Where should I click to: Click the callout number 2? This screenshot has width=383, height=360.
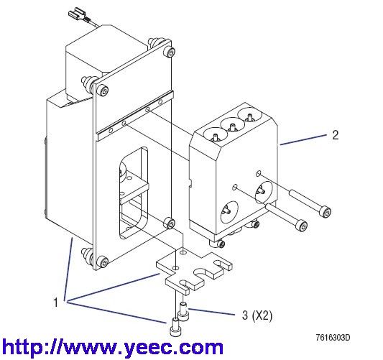[x=336, y=135]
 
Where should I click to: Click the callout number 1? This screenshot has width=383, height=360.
[x=56, y=303]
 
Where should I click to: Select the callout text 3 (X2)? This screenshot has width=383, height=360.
[x=257, y=315]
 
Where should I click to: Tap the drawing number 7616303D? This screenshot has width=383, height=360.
[x=333, y=338]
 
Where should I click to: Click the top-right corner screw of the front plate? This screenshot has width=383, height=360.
[x=170, y=52]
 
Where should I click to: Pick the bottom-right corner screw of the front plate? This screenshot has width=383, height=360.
[x=170, y=223]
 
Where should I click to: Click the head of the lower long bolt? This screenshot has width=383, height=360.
[x=301, y=226]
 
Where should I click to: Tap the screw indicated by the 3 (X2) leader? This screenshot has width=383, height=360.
[x=184, y=310]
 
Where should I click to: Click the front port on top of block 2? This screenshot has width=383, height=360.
[x=215, y=135]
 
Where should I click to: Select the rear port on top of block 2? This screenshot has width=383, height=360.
[x=249, y=116]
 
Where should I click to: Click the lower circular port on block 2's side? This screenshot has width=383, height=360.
[x=229, y=212]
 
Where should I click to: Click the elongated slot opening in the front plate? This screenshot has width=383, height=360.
[x=134, y=193]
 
